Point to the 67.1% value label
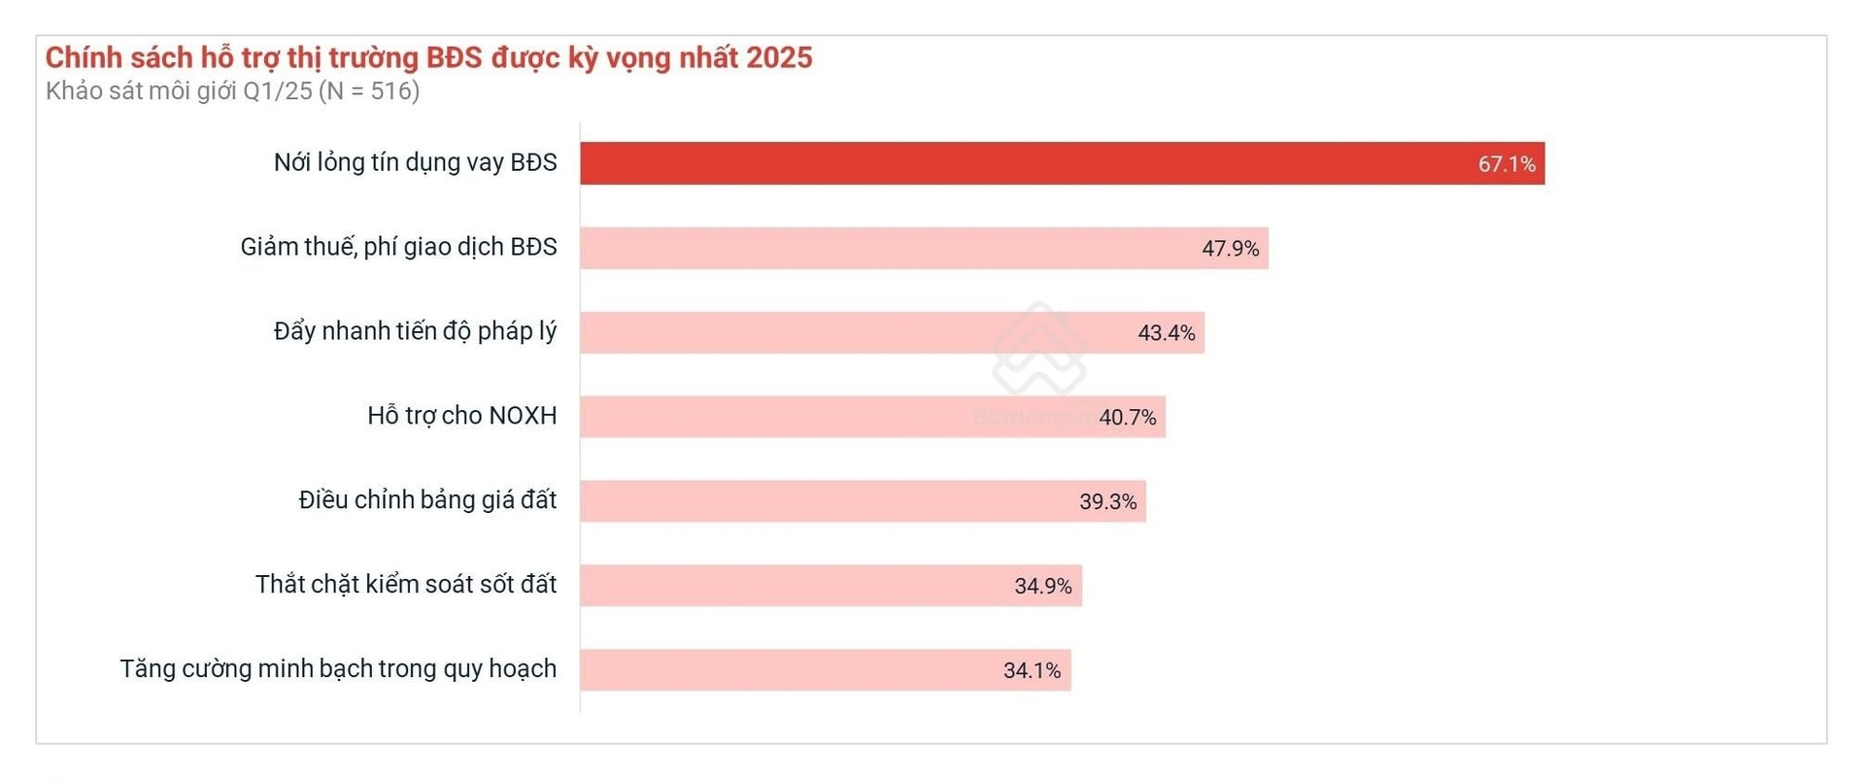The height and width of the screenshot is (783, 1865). click(x=1507, y=164)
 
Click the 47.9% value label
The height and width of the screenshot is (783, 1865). click(x=1230, y=249)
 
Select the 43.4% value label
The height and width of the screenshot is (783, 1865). click(x=1166, y=333)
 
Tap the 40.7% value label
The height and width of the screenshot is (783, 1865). click(x=1127, y=418)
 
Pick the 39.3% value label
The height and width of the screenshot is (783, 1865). click(x=1107, y=502)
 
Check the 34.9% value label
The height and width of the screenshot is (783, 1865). click(x=1043, y=587)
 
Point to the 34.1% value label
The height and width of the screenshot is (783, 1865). click(x=1032, y=670)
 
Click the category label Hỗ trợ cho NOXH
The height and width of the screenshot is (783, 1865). click(x=461, y=416)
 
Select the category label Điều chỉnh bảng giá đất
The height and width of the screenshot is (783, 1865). click(x=427, y=500)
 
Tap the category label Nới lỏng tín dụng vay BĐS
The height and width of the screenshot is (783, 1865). click(x=415, y=162)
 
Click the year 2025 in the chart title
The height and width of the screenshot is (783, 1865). click(x=780, y=57)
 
